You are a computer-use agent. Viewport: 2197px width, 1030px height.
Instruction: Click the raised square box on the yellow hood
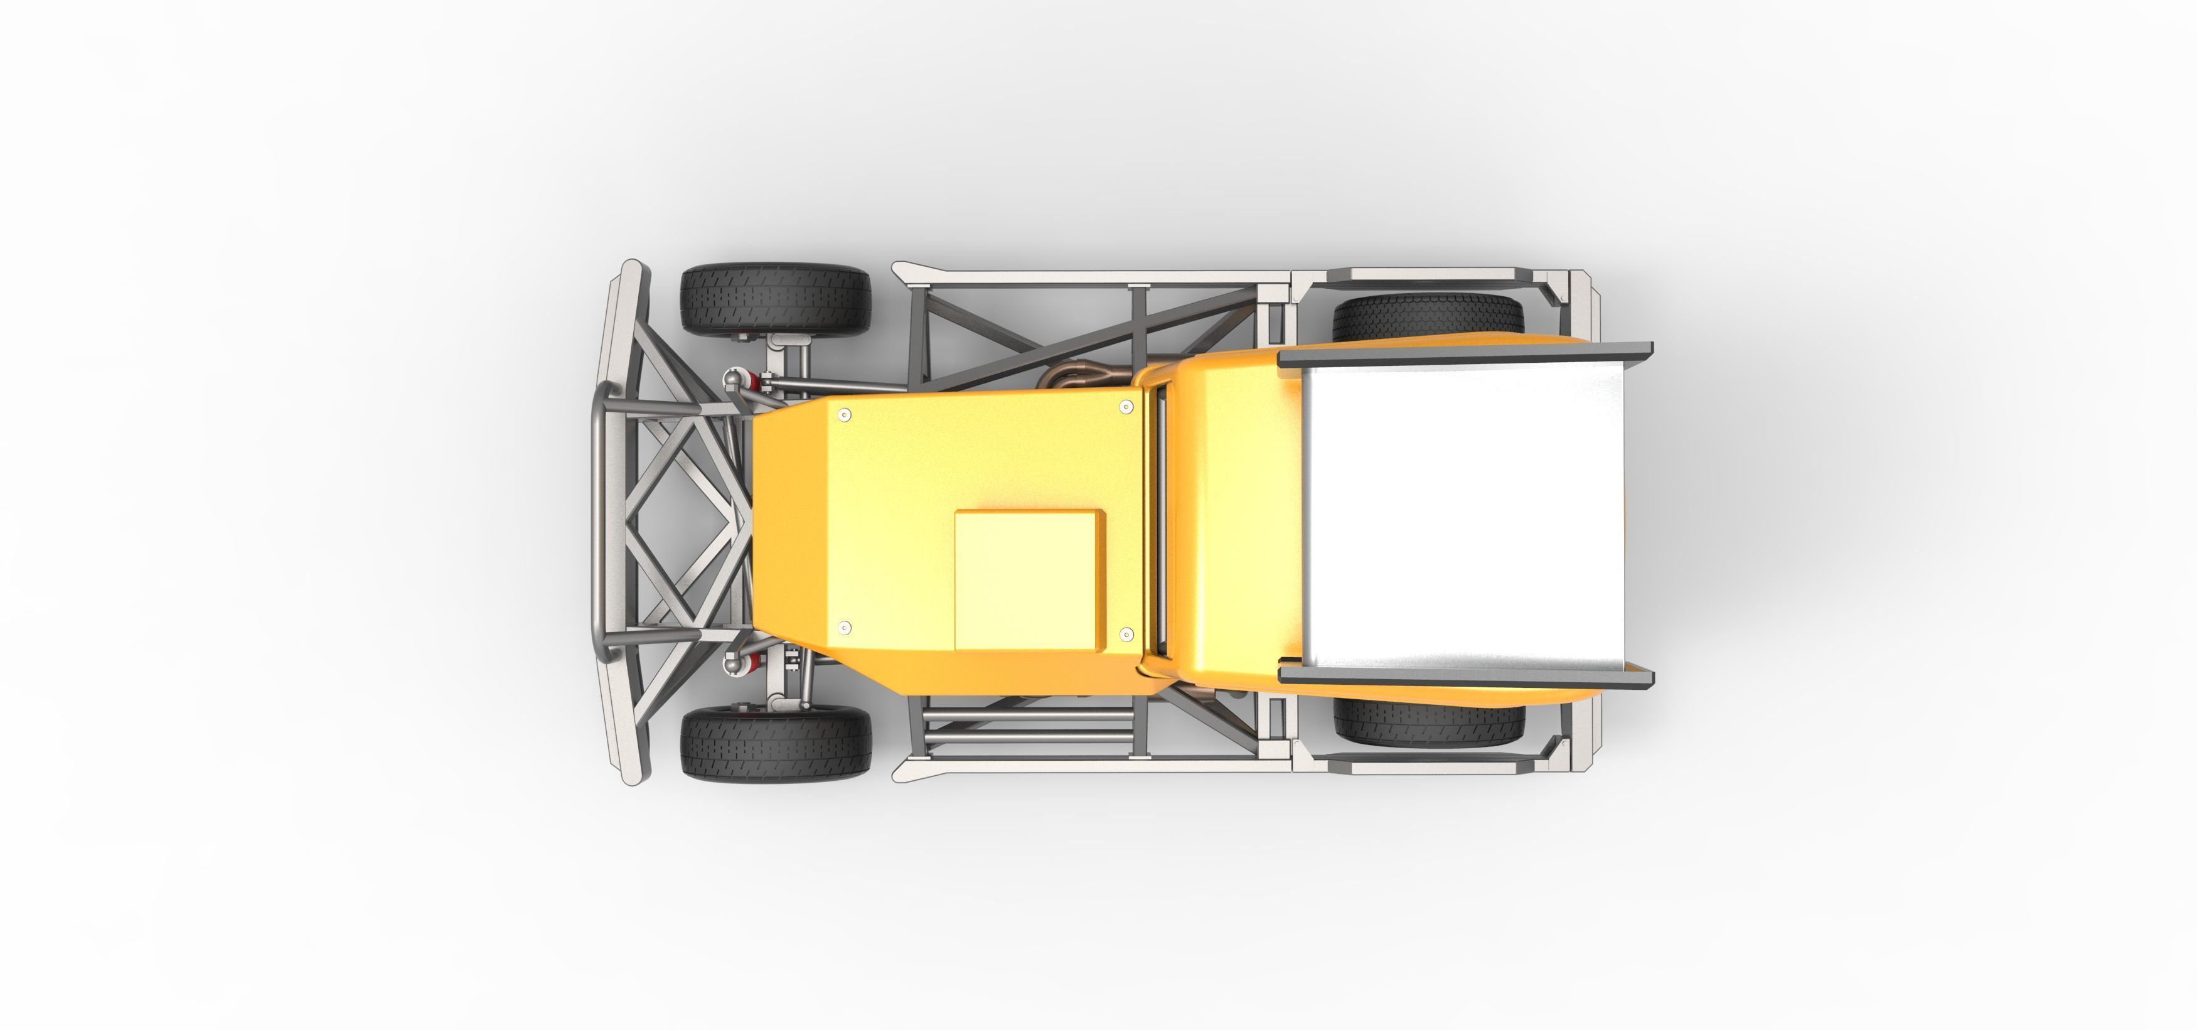tap(1029, 581)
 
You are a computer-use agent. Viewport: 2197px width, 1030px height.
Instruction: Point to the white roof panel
tap(1463, 517)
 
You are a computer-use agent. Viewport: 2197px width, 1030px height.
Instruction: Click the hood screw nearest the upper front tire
tap(844, 416)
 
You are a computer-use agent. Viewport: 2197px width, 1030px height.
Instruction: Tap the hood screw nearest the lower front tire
tap(844, 628)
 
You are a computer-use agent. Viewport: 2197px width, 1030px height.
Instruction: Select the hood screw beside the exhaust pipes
tap(1126, 408)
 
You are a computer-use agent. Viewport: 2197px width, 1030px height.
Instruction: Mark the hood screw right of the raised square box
tap(1126, 634)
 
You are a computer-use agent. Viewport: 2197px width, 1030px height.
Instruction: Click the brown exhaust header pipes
tap(1088, 379)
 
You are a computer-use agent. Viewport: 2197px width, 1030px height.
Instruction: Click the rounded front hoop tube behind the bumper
tap(601, 520)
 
